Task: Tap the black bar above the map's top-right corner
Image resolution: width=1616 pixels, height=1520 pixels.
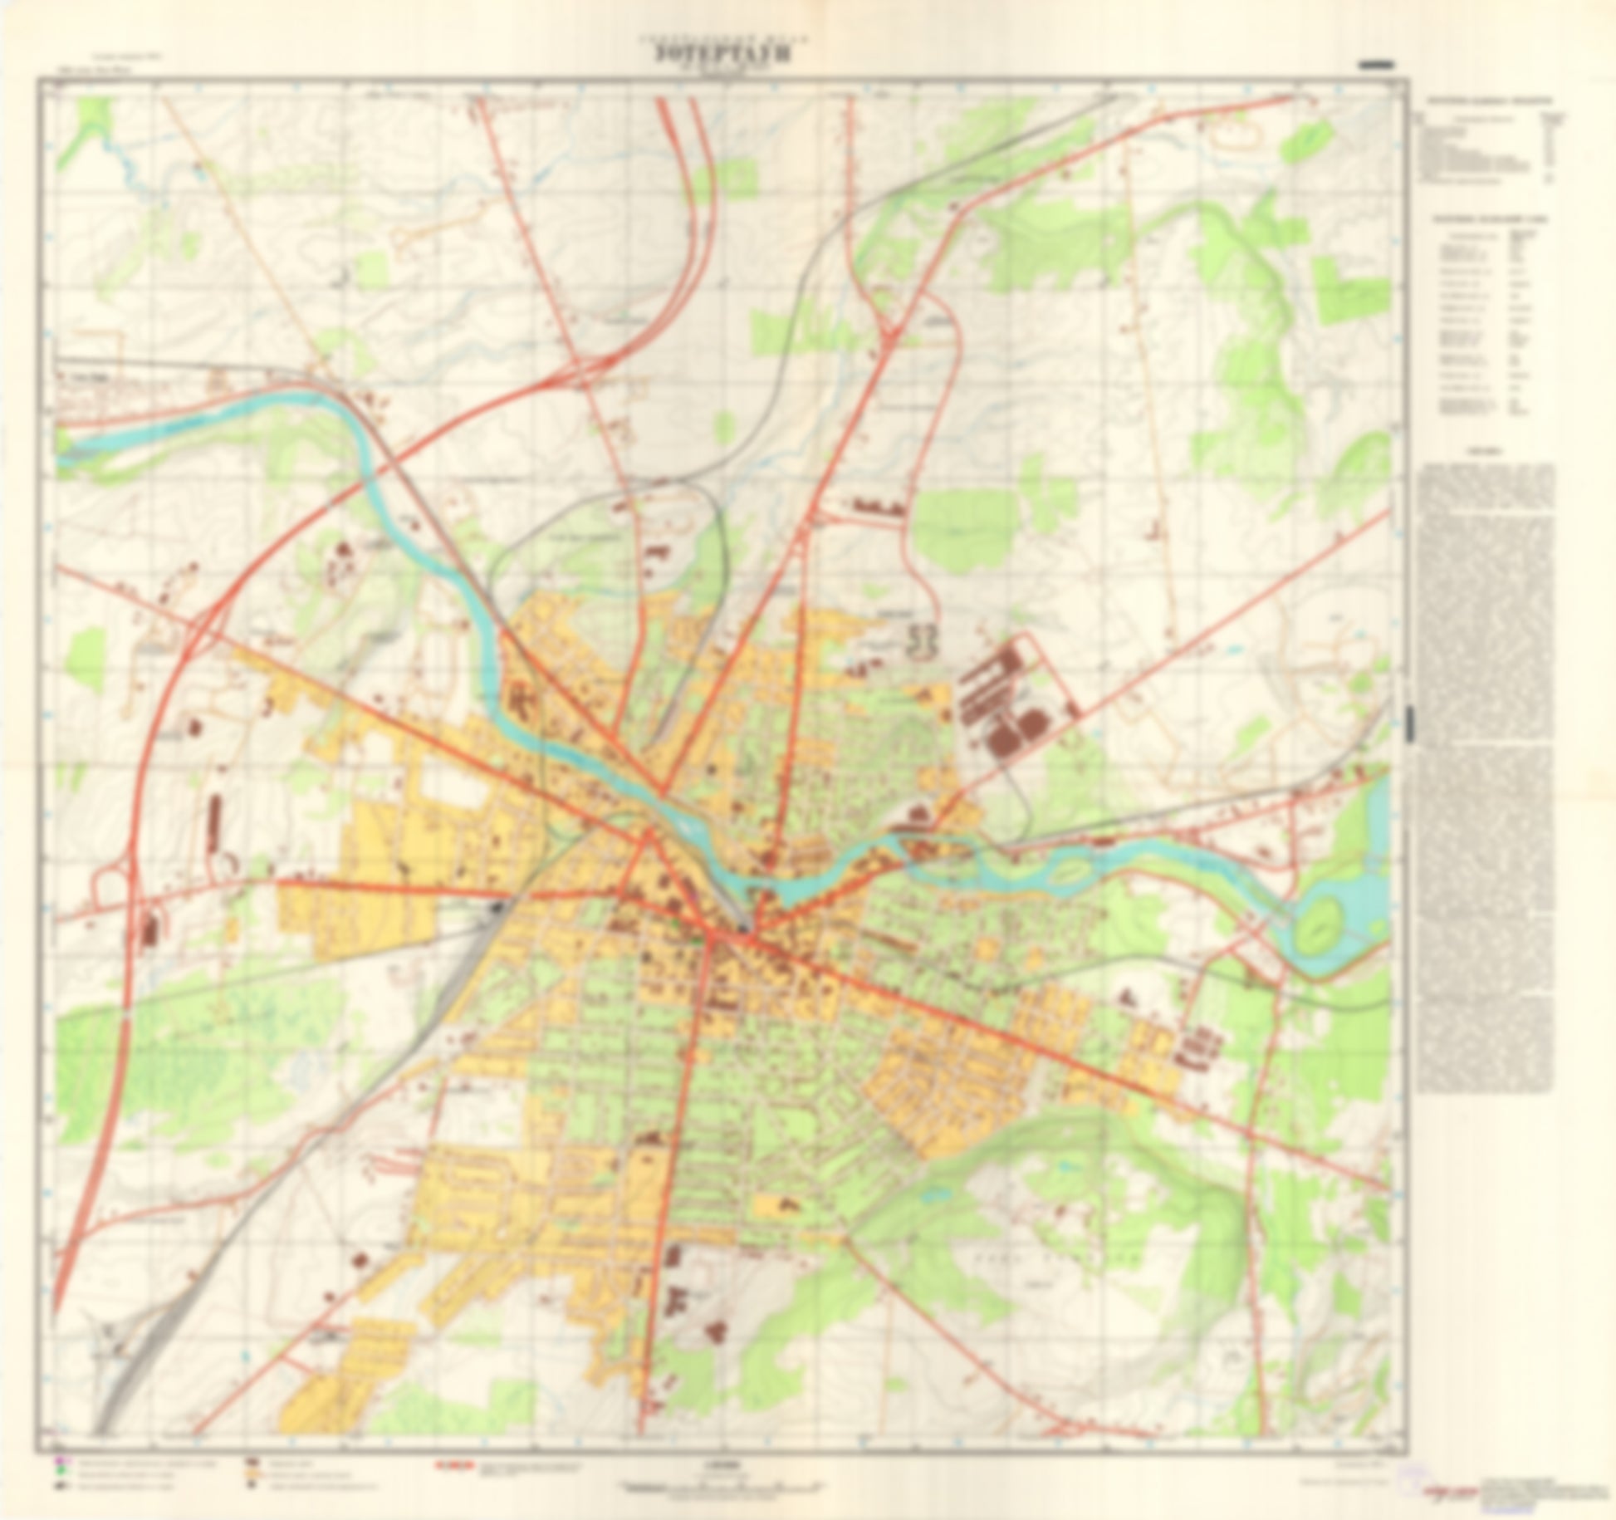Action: [x=1375, y=64]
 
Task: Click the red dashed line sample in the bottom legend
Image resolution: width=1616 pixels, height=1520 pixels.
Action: [x=455, y=1466]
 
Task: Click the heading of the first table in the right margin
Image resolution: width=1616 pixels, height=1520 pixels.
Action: [x=1491, y=101]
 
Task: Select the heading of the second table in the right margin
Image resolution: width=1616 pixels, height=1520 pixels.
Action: [x=1491, y=218]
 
